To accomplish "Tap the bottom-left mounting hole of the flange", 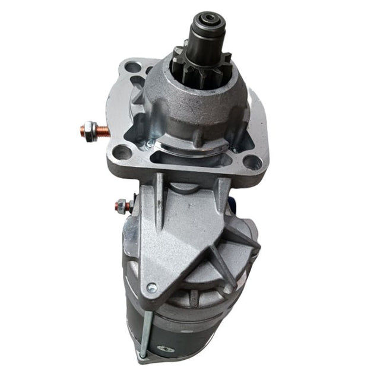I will (x=123, y=153).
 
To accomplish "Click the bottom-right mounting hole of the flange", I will (x=252, y=162).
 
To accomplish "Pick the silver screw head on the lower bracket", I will (x=153, y=289).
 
